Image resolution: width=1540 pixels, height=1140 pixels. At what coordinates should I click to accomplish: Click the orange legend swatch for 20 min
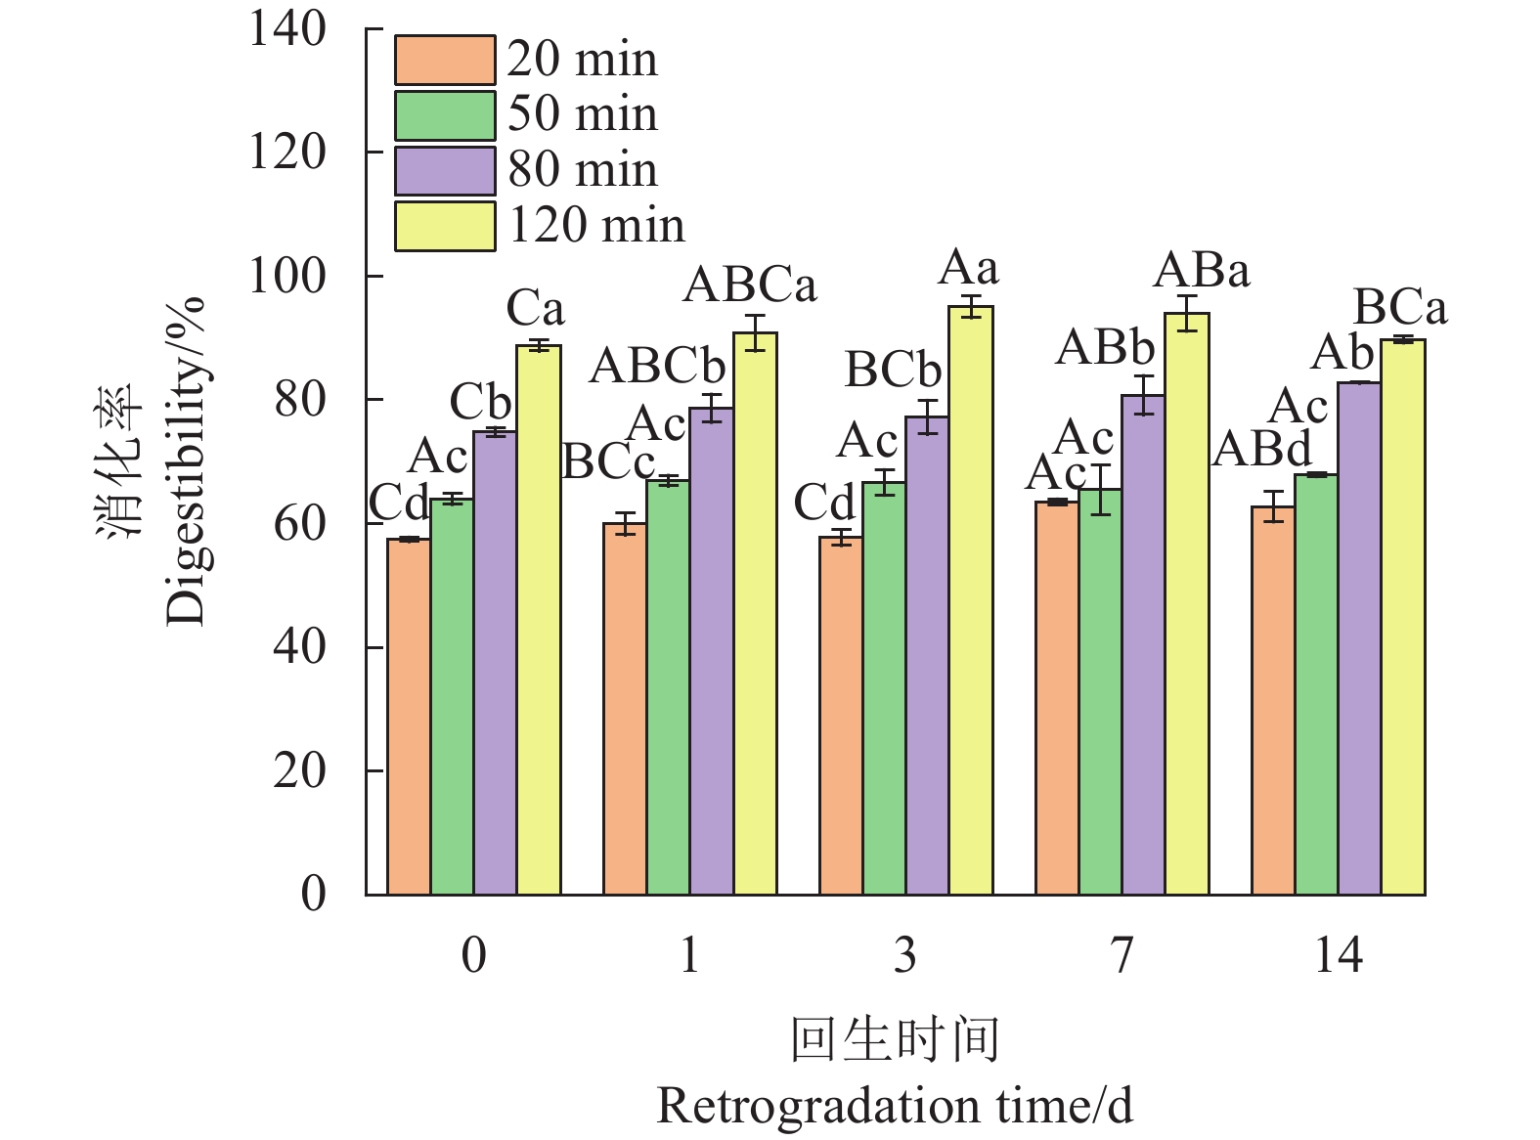click(444, 61)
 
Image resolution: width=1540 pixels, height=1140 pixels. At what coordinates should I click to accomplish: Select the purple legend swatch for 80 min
click(444, 171)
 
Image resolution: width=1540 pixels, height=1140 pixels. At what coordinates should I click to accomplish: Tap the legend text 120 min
click(596, 226)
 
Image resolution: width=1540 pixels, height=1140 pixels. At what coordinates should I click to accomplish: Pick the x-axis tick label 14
click(1338, 955)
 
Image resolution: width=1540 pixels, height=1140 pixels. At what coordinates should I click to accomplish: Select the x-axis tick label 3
click(905, 955)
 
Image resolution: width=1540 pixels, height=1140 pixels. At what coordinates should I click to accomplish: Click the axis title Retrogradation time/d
click(895, 1107)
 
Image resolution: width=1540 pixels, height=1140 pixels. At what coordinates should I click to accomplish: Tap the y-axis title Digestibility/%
click(186, 460)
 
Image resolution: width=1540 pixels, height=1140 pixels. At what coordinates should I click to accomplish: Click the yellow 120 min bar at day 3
click(971, 600)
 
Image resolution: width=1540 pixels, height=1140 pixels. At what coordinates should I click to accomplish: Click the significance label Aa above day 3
click(968, 268)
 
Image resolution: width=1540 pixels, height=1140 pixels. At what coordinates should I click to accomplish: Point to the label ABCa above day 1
click(750, 286)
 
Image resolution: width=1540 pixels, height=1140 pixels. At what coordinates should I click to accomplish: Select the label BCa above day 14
click(1399, 309)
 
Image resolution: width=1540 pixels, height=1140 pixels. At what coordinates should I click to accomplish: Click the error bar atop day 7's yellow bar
click(1187, 313)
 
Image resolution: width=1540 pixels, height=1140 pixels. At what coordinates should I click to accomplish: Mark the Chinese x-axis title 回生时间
click(895, 1039)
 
